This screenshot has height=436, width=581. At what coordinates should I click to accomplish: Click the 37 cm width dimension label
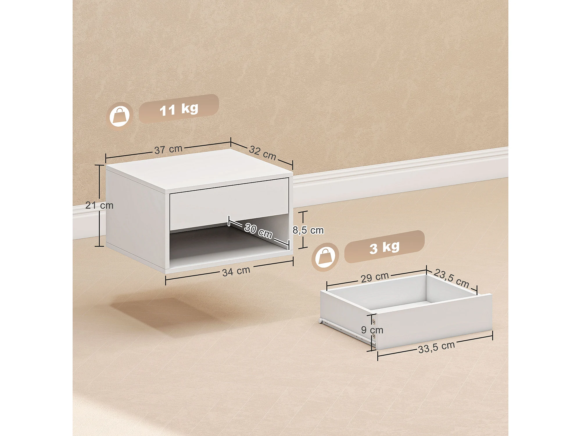(x=168, y=149)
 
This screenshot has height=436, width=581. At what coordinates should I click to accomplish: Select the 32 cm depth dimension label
(x=263, y=153)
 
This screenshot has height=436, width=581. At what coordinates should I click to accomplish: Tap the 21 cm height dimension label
(x=99, y=206)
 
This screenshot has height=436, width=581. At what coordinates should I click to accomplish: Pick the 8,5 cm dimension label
(x=308, y=230)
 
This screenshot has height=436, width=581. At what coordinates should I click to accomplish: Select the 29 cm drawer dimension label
(x=375, y=277)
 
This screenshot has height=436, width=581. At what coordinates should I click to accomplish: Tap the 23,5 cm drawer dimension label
(x=451, y=278)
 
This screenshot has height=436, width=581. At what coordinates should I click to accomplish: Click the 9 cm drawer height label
(x=372, y=330)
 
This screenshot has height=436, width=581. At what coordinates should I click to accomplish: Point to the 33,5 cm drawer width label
(x=437, y=347)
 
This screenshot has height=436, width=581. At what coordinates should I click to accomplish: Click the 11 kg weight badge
(x=179, y=109)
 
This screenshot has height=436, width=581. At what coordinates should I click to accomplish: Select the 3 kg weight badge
(x=384, y=247)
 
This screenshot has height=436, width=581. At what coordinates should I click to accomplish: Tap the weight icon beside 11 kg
(x=120, y=116)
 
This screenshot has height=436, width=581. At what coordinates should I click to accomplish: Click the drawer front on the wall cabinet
(x=229, y=203)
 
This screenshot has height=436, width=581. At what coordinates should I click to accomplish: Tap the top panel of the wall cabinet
(x=199, y=171)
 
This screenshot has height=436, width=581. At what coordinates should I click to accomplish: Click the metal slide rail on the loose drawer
(x=346, y=331)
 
